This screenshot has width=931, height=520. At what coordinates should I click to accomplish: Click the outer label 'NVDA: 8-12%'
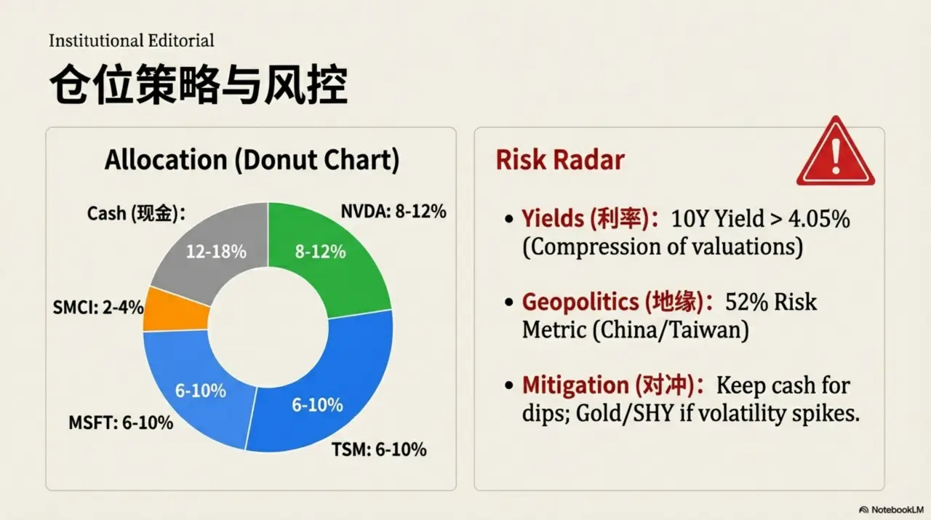tap(393, 212)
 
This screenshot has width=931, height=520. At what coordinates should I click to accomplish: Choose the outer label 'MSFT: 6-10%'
tap(121, 422)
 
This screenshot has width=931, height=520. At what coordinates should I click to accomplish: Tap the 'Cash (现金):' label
tap(136, 213)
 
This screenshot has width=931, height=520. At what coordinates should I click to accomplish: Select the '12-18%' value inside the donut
tap(216, 252)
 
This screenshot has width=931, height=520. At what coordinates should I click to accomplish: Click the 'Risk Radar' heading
tap(559, 160)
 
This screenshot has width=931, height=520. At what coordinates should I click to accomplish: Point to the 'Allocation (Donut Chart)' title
tap(252, 160)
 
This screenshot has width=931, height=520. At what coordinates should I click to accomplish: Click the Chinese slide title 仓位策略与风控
tap(198, 87)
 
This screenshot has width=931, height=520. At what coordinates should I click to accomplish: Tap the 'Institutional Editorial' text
tap(131, 41)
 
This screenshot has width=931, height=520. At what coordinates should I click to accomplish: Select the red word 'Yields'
tap(554, 218)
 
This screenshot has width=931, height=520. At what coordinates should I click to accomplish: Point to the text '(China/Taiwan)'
tap(671, 330)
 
